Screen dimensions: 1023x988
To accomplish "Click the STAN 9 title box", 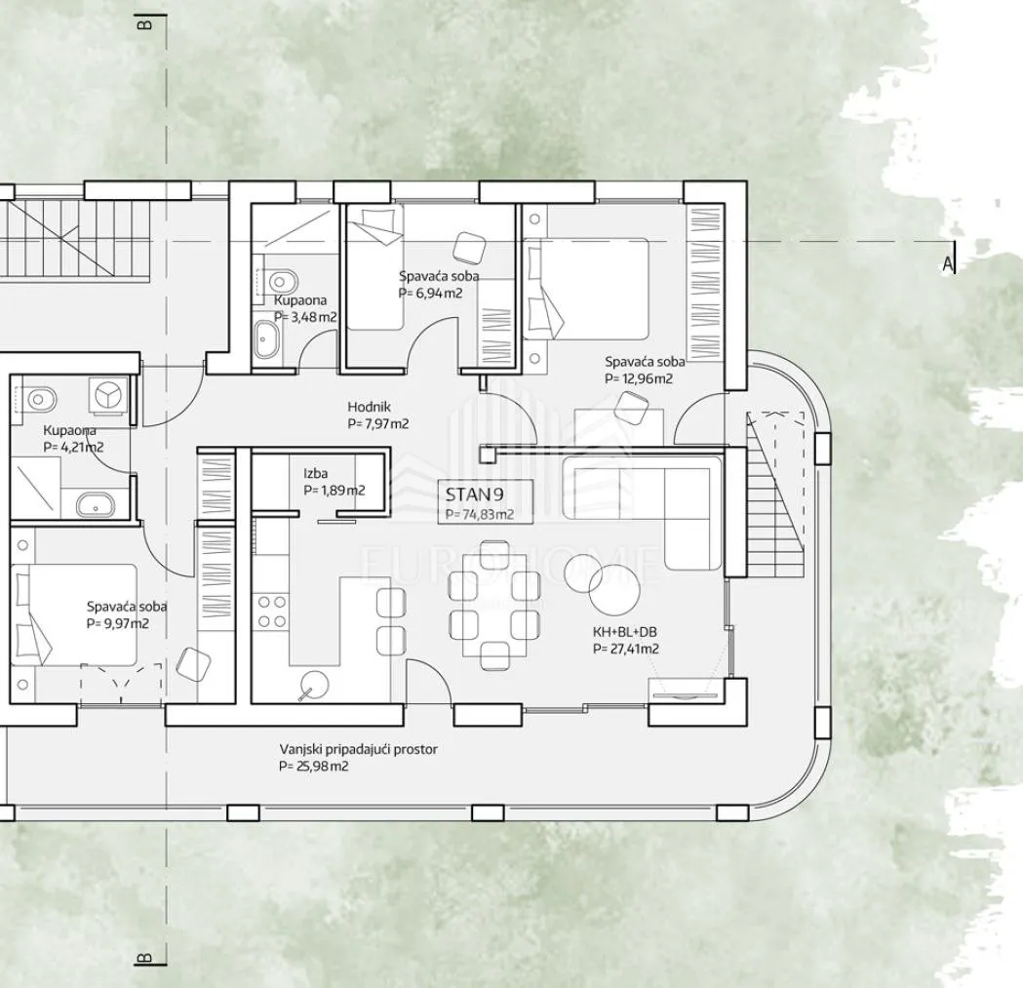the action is click(486, 501).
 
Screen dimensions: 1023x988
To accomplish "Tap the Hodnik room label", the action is click(370, 408).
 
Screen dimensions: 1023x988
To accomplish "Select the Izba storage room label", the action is click(315, 473).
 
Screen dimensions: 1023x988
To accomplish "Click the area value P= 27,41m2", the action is click(626, 649).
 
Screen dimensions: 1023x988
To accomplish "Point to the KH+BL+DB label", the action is click(624, 632).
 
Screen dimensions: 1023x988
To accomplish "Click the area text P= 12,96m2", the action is click(638, 378).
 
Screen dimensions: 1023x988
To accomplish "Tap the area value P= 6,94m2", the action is click(430, 293).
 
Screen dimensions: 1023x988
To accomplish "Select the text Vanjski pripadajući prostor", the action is click(358, 749).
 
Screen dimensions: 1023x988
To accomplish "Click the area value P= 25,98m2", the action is click(313, 767).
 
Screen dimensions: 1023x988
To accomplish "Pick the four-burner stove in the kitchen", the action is click(271, 612).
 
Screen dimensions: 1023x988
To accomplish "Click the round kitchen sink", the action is click(314, 684).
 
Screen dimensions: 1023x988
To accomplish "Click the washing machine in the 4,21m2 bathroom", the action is click(108, 395).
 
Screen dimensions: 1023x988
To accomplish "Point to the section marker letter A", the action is click(947, 264).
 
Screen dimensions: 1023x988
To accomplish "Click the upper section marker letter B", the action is click(145, 24).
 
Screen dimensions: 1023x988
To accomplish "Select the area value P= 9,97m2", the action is click(118, 624).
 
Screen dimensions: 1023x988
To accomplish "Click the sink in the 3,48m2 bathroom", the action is click(267, 339).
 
